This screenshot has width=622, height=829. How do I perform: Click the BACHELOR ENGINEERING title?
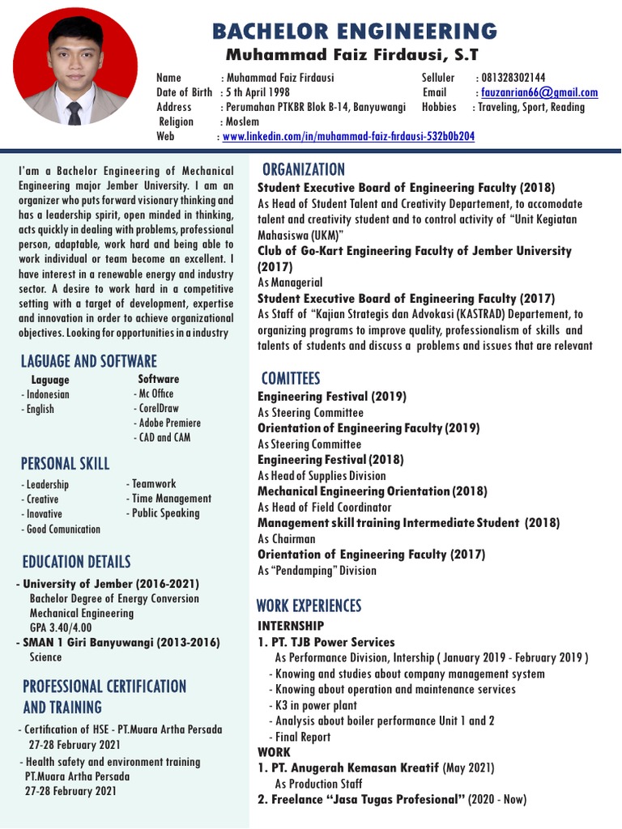pyautogui.click(x=354, y=32)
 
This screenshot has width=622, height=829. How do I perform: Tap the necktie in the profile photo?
pyautogui.click(x=75, y=113)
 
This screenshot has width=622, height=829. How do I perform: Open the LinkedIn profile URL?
pyautogui.click(x=348, y=137)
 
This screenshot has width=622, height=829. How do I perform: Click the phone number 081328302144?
pyautogui.click(x=511, y=78)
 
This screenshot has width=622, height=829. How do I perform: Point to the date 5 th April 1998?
pyautogui.click(x=257, y=92)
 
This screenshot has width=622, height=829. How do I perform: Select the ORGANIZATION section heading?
pyautogui.click(x=302, y=169)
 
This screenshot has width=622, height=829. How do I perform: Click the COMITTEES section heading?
pyautogui.click(x=291, y=378)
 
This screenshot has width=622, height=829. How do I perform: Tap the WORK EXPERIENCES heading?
pyautogui.click(x=309, y=606)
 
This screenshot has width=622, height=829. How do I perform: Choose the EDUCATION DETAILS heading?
pyautogui.click(x=76, y=561)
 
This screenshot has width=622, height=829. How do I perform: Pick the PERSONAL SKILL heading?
pyautogui.click(x=66, y=463)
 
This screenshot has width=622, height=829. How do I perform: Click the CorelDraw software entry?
pyautogui.click(x=158, y=408)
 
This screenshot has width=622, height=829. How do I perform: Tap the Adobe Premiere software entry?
pyautogui.click(x=170, y=423)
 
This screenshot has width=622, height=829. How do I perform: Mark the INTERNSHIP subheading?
pyautogui.click(x=291, y=626)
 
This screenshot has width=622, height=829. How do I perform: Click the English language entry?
pyautogui.click(x=39, y=409)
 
